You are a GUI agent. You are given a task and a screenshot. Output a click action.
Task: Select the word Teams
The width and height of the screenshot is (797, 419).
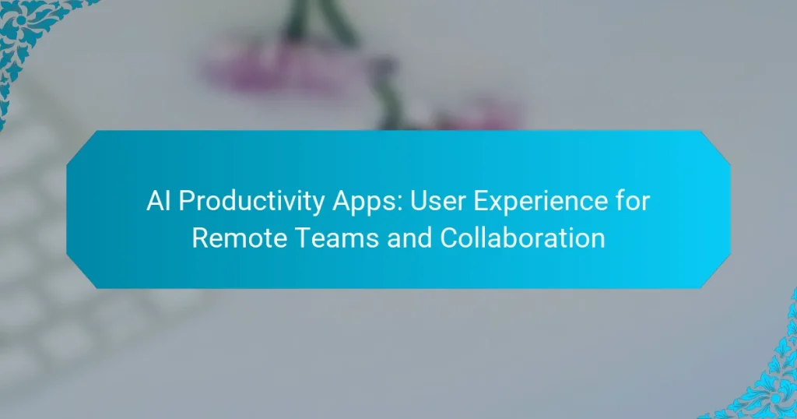(330, 238)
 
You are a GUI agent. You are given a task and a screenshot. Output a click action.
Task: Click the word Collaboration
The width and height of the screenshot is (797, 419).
(521, 238)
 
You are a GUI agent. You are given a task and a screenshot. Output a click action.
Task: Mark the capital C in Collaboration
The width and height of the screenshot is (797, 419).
(449, 238)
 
